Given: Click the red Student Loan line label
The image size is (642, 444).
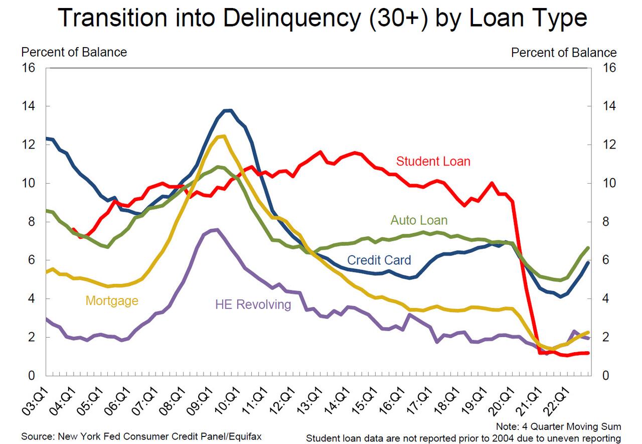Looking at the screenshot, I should [433, 162].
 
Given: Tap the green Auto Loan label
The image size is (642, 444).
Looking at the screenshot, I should [419, 220].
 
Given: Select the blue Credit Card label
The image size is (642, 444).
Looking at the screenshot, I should [379, 260].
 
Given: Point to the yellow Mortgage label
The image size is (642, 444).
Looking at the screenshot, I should [112, 301].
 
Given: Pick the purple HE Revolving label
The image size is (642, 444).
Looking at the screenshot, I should [253, 305].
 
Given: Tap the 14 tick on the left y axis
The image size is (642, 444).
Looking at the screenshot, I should [28, 106].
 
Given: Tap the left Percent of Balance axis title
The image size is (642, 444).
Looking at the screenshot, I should [74, 52].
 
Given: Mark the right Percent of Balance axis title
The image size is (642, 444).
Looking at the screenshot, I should [564, 52].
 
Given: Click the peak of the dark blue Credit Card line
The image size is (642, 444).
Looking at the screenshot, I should [228, 110].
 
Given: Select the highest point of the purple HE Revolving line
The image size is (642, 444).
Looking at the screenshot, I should [215, 230].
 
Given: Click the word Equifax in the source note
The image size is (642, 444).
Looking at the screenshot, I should [244, 436].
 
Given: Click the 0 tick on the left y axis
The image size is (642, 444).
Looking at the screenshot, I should [31, 376].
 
